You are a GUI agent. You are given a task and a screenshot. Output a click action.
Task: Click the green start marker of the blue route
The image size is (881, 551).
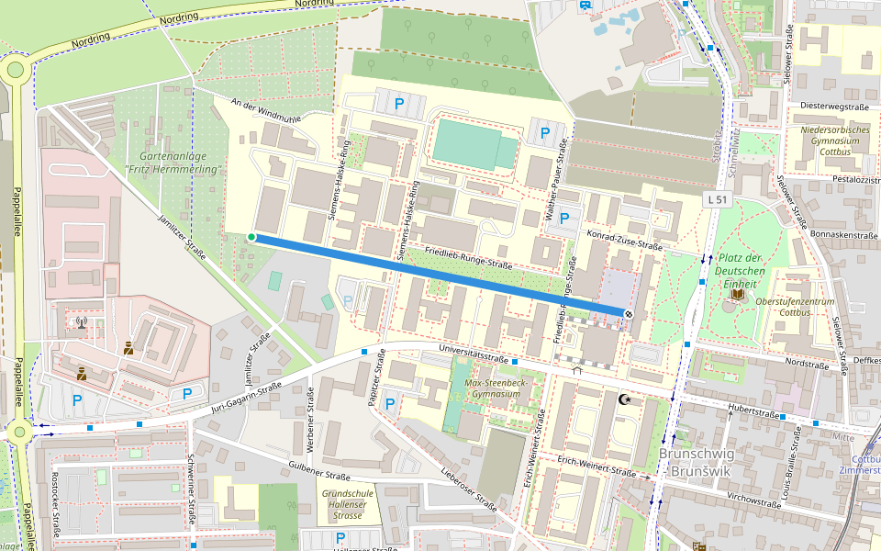pyautogui.click(x=251, y=238)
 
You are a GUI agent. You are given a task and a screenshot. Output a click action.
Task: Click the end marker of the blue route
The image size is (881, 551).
pyautogui.click(x=629, y=314)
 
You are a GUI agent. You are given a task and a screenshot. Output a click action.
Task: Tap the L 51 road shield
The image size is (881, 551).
pyautogui.click(x=718, y=199)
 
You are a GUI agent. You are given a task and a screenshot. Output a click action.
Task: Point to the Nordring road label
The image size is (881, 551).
pyautogui.click(x=179, y=18)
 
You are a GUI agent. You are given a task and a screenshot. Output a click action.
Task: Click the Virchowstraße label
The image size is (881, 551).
pyautogui.click(x=753, y=501)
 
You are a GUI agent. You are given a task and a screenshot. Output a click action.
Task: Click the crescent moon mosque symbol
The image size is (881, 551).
pyautogui.click(x=627, y=399)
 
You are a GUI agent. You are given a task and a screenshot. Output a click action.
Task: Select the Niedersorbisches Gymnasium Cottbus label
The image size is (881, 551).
pyautogui.click(x=835, y=141)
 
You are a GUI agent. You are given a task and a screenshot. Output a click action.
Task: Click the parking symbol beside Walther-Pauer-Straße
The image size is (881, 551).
pyautogui.click(x=545, y=133)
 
